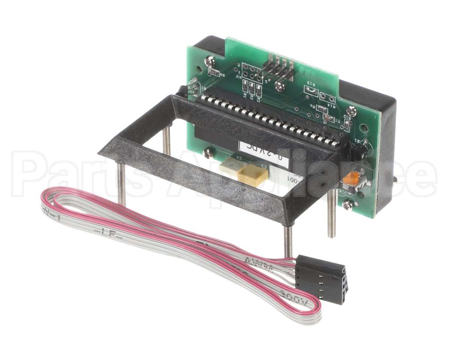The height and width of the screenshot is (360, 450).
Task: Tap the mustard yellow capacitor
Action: [253, 175]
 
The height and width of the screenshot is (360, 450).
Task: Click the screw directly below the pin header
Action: [279, 87]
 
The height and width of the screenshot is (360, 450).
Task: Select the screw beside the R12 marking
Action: [351, 111]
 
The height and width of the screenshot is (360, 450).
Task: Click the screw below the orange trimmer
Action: [347, 205]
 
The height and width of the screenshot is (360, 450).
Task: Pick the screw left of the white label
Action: [207, 152]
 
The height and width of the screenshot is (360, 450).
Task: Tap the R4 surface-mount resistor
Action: [214, 72]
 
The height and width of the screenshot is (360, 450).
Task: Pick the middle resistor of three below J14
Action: [252, 89]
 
